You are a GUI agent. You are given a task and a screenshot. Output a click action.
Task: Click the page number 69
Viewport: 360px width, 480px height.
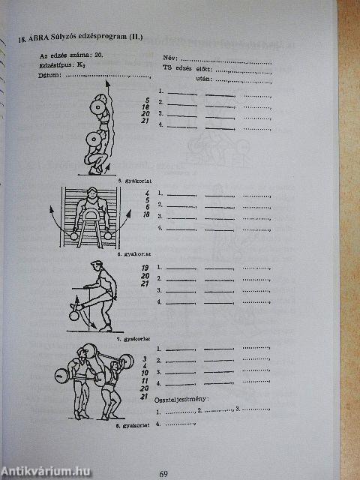(x=165, y=472)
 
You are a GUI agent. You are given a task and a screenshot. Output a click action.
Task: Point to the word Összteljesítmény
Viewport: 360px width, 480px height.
(x=182, y=399)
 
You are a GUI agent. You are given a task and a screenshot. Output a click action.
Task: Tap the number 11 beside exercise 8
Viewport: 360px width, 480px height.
(x=143, y=381)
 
